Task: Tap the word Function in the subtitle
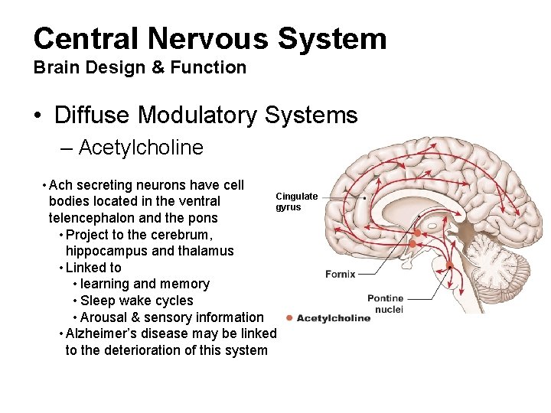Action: pyautogui.click(x=209, y=67)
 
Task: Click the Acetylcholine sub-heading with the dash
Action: pyautogui.click(x=140, y=147)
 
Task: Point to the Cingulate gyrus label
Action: pyautogui.click(x=297, y=202)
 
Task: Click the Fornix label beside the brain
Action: pyautogui.click(x=341, y=274)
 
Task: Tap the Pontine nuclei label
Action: pyautogui.click(x=385, y=304)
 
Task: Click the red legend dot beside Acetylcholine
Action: pyautogui.click(x=289, y=318)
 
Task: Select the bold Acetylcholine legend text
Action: pyautogui.click(x=334, y=318)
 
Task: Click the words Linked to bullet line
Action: pyautogui.click(x=93, y=268)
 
